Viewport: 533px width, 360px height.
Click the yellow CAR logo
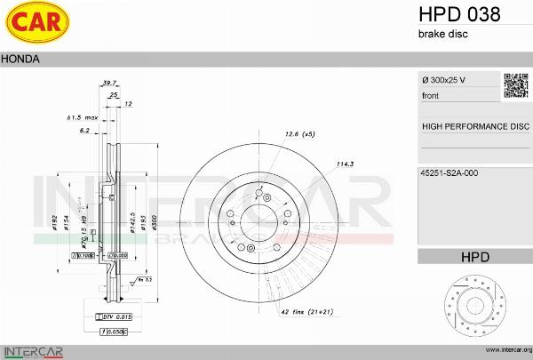(33, 24)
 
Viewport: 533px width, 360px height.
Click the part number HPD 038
(459, 14)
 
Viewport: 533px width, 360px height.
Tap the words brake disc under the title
(442, 34)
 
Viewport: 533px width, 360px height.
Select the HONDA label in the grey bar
(19, 60)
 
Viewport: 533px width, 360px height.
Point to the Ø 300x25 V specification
(444, 81)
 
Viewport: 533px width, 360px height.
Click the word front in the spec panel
(431, 94)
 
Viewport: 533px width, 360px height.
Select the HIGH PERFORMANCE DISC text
(474, 126)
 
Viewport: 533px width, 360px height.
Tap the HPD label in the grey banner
(474, 257)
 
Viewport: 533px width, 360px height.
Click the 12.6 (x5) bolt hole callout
(299, 134)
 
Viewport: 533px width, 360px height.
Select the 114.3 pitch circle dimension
(346, 164)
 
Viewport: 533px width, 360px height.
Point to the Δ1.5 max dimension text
(82, 116)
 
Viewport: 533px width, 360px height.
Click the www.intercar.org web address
(504, 350)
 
